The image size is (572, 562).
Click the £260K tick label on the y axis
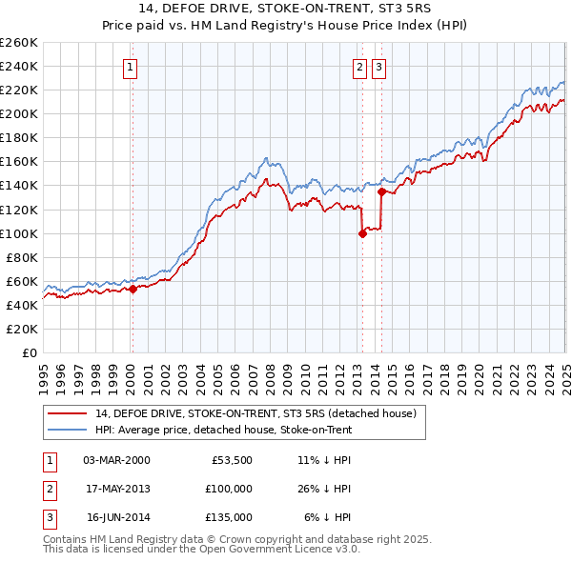pos(19,43)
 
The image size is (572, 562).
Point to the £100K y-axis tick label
pos(19,233)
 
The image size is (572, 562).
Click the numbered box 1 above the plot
pos(129,68)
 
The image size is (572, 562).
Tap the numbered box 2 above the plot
pos(359,68)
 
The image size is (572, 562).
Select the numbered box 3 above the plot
pos(378,68)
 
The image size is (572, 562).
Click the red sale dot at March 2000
pos(133,290)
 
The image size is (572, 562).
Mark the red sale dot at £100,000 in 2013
pos(362,233)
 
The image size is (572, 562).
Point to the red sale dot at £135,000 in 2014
pos(381,191)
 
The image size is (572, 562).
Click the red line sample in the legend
pos(66,414)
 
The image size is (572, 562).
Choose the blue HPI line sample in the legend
pos(66,430)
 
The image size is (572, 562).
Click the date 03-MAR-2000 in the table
pos(117,460)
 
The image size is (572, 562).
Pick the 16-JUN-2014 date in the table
pos(117,517)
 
